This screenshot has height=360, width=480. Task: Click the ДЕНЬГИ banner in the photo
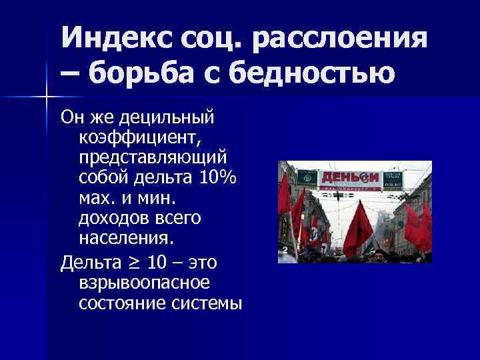350,178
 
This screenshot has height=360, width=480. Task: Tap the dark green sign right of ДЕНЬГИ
393,178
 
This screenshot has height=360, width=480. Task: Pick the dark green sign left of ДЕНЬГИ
307,177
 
